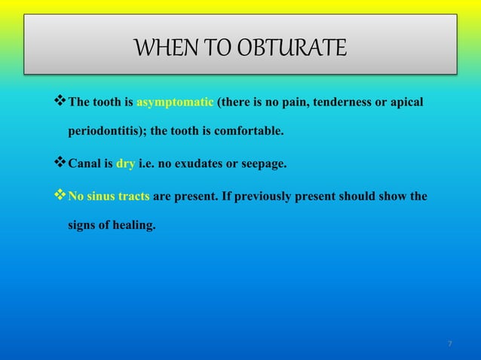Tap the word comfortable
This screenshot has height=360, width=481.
point(250,131)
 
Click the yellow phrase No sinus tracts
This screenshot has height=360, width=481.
point(109,197)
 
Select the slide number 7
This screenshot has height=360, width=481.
point(450,344)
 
